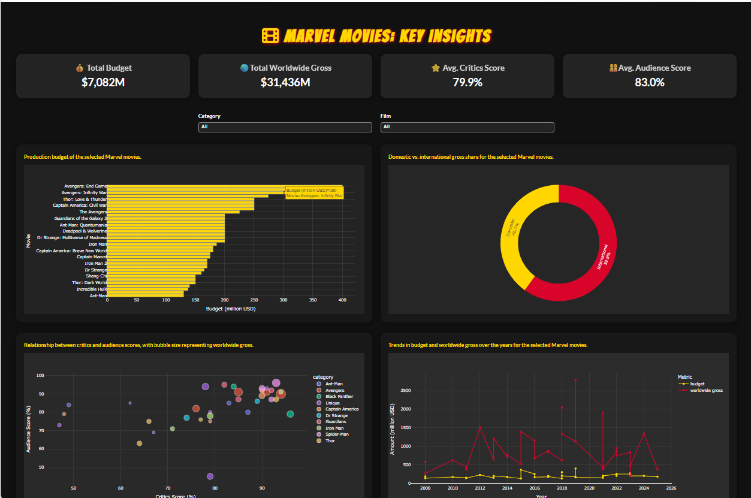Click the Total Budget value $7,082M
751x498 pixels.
(103, 82)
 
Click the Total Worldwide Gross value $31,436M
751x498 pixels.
(285, 82)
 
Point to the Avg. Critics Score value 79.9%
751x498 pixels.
(468, 82)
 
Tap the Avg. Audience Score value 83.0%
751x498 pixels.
(650, 82)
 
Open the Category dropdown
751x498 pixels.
(285, 127)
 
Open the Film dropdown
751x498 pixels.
(467, 127)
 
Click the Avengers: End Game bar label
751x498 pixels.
(85, 186)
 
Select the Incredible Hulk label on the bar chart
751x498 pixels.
(91, 289)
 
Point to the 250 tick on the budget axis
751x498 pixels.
(254, 300)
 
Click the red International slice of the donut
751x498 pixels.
(602, 258)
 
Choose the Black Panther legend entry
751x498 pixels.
(339, 397)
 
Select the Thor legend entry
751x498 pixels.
(330, 440)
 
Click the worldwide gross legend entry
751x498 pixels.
(706, 390)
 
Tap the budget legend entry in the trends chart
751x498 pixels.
(697, 384)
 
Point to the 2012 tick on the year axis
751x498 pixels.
(479, 488)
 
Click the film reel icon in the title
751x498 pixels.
(270, 36)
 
